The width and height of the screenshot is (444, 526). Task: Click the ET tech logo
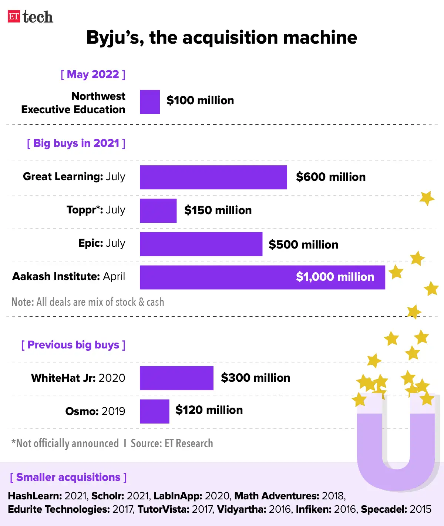click(30, 17)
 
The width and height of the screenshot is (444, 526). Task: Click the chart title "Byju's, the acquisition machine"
click(222, 38)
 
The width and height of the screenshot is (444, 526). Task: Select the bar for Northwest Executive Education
click(149, 102)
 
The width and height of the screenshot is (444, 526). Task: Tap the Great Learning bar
click(213, 177)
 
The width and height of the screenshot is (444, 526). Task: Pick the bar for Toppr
click(158, 210)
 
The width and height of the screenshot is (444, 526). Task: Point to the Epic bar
click(201, 244)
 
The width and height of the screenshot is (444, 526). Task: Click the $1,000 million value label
click(335, 277)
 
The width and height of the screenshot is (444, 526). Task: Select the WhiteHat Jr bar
click(176, 378)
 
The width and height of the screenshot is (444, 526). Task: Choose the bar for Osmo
click(154, 411)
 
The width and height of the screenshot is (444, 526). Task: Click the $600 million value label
click(331, 177)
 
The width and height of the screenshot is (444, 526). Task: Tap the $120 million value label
click(209, 410)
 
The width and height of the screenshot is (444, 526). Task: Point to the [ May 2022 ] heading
click(93, 74)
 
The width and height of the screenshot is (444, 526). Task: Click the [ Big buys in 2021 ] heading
click(76, 143)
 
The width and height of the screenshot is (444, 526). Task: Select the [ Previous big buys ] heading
click(73, 345)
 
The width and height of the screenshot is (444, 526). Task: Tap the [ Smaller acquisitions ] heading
click(68, 477)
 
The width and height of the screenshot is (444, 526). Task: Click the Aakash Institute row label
click(69, 276)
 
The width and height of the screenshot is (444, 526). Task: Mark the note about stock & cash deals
click(88, 302)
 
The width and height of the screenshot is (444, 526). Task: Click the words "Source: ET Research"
click(172, 443)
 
